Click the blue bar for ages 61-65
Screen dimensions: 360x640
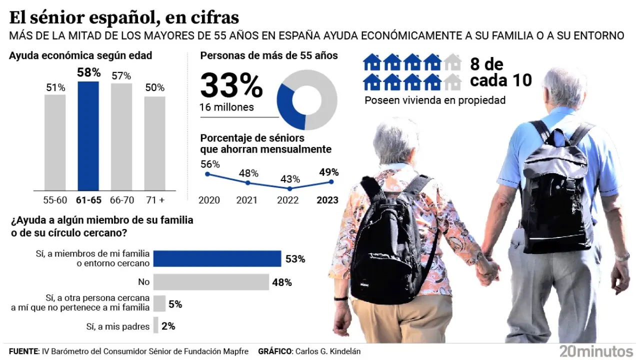point(88,136)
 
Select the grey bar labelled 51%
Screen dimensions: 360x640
point(55,142)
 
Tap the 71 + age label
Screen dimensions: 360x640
point(154,200)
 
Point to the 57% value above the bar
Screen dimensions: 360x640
point(121,76)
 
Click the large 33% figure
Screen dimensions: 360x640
point(231,86)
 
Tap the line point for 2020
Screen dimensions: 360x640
point(207,174)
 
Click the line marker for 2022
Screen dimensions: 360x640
point(290,188)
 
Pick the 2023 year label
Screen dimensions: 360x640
point(327,200)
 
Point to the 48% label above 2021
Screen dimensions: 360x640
point(248,173)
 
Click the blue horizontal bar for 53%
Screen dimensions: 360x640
point(217,258)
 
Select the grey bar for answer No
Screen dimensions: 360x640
point(211,282)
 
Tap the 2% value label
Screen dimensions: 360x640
point(168,326)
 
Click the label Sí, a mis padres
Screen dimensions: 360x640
point(118,326)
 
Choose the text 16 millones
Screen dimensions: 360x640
point(226,107)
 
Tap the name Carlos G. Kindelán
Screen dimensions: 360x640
point(327,351)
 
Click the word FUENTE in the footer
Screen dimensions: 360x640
point(23,351)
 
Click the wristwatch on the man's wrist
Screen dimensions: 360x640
point(622,257)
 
